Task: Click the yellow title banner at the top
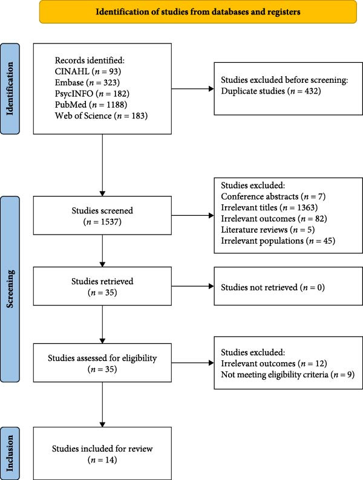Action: pos(198,11)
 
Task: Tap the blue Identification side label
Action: pos(10,89)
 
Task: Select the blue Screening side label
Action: pos(10,289)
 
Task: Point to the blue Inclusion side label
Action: pos(10,453)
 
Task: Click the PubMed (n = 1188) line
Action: pos(91,105)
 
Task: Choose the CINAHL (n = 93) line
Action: pos(88,71)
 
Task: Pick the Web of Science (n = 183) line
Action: pos(101,115)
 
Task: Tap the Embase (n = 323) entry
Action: pos(87,82)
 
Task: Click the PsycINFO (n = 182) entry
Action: pos(92,93)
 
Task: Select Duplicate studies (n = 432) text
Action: pos(271,91)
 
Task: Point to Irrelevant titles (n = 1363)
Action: pos(269,207)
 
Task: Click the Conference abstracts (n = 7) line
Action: pos(273,196)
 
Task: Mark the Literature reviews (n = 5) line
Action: pos(268,230)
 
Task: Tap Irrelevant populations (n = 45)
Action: pos(278,241)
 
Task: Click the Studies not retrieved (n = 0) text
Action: pos(273,287)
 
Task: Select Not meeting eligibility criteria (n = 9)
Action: pos(287,374)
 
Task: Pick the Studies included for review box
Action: pos(102,453)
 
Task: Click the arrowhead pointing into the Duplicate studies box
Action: pos(211,89)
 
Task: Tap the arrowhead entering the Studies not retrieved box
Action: pos(211,286)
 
